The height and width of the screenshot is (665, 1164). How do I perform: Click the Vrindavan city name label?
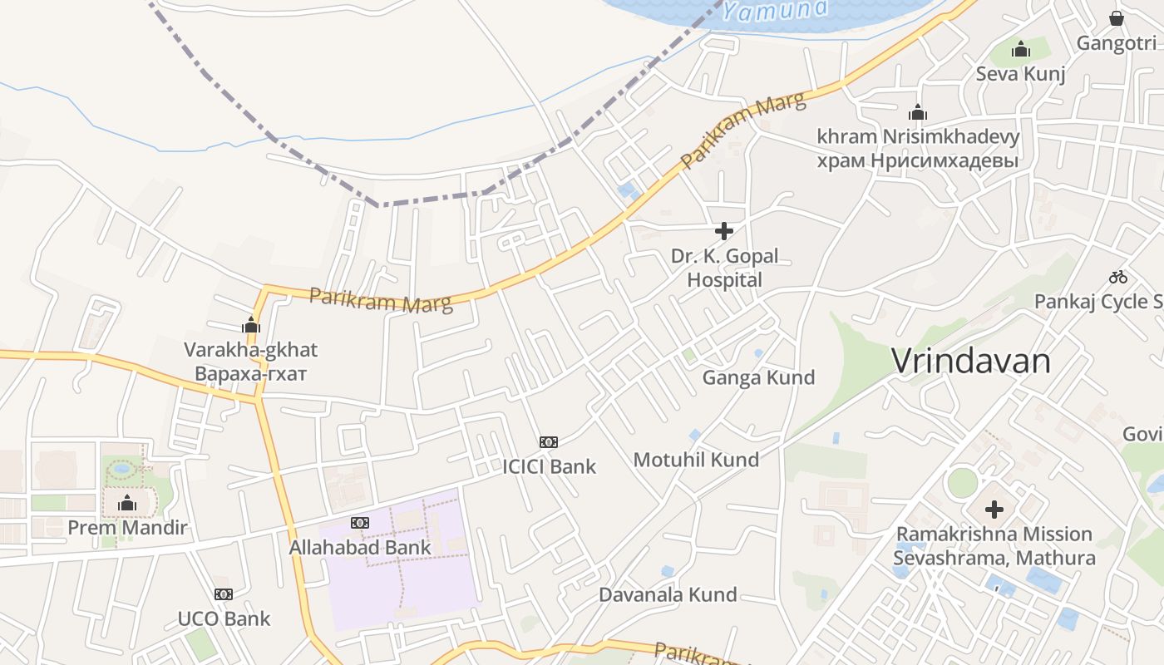970,361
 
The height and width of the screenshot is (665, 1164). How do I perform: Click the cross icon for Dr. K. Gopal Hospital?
724,231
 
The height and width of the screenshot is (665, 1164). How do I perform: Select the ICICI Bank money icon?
549,441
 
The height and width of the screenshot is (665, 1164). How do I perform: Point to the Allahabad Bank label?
360,548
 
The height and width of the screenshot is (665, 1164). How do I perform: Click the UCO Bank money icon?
224,594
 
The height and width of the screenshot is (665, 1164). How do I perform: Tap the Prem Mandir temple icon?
127,503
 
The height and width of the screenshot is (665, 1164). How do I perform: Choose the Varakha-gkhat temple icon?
251,325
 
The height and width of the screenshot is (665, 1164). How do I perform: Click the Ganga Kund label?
758,377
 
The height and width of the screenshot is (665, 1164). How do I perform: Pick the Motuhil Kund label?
696,460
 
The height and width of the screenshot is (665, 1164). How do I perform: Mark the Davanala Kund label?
668,595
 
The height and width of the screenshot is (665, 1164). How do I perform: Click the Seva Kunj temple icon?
1021,50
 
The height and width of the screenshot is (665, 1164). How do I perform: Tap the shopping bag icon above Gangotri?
1117,17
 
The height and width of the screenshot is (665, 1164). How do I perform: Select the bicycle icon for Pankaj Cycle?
1118,277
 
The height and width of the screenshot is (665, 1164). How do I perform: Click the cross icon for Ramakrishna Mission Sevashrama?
994,509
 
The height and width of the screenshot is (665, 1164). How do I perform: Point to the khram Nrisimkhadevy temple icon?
918,112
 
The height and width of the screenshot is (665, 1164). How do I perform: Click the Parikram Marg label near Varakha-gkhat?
381,300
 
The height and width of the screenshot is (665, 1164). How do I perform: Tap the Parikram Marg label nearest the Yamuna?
743,130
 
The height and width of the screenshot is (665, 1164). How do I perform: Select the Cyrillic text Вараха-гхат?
250,373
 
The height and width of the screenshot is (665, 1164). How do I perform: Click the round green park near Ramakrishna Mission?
962,483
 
